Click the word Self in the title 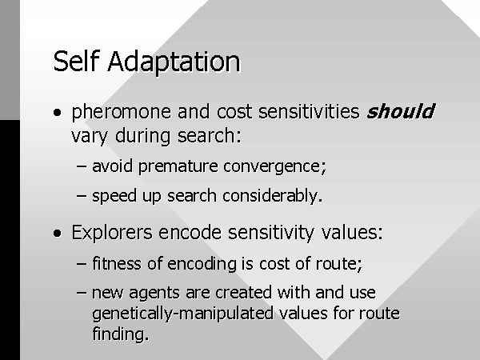pyautogui.click(x=77, y=62)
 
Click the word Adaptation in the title pyautogui.click(x=174, y=62)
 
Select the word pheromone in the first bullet pyautogui.click(x=122, y=112)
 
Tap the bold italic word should pyautogui.click(x=401, y=110)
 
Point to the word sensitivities pyautogui.click(x=309, y=111)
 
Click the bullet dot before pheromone pyautogui.click(x=57, y=112)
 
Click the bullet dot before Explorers pyautogui.click(x=57, y=234)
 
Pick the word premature pyautogui.click(x=178, y=167)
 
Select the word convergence pyautogui.click(x=274, y=167)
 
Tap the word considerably pyautogui.click(x=273, y=197)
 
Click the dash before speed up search pyautogui.click(x=82, y=196)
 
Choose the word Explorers pyautogui.click(x=112, y=232)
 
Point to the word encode pyautogui.click(x=190, y=232)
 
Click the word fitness pyautogui.click(x=117, y=263)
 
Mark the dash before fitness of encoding pyautogui.click(x=82, y=263)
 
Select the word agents pyautogui.click(x=154, y=294)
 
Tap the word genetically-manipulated pyautogui.click(x=182, y=314)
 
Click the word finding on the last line pyautogui.click(x=120, y=334)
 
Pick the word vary pyautogui.click(x=90, y=137)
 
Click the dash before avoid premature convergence pyautogui.click(x=82, y=167)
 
